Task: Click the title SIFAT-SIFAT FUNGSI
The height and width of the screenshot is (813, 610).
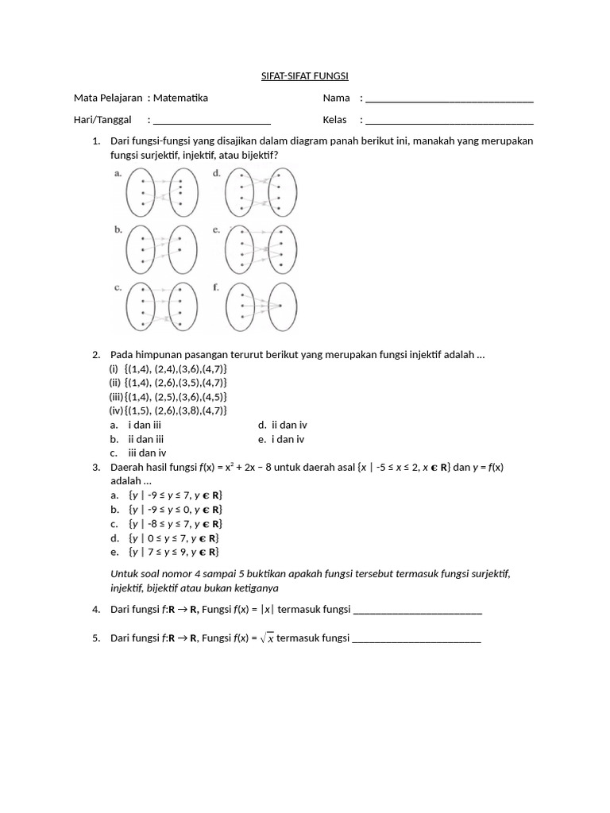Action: pos(305,76)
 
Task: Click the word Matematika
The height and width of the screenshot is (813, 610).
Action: pos(181,98)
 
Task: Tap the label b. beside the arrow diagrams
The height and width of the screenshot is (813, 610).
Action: pos(118,229)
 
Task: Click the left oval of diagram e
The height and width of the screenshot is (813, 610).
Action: pos(241,249)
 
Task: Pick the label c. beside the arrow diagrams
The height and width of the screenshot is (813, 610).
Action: pos(118,287)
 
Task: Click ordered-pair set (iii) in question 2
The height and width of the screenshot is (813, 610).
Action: pos(168,396)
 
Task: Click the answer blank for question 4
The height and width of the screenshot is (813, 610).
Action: pos(417,611)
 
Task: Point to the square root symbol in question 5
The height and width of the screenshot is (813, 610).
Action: pos(265,639)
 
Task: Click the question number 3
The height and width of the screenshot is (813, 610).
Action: pos(95,467)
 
